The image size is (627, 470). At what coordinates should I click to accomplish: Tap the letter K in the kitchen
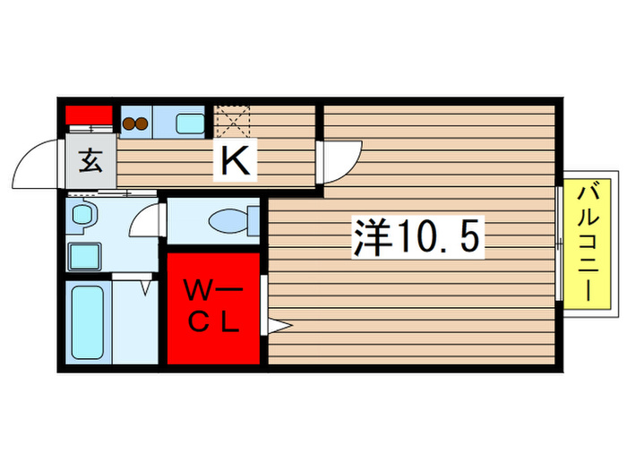coord(236,161)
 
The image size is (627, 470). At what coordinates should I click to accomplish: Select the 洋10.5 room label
coord(418,237)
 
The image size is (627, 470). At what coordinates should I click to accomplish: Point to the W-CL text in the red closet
coord(213,307)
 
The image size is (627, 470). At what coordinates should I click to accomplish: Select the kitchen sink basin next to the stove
coord(188,123)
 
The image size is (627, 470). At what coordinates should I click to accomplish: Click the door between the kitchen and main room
coord(340,161)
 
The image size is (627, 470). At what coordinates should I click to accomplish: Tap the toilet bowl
coord(223,220)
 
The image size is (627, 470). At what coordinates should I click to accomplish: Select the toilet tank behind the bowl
coord(253,221)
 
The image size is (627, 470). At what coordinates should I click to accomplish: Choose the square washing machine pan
coord(86,257)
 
